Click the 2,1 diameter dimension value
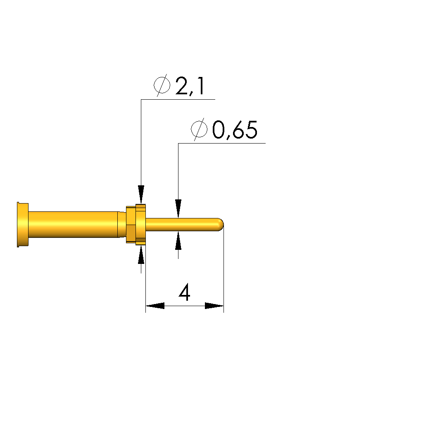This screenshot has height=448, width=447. (x=190, y=86)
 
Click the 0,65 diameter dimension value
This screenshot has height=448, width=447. (x=235, y=130)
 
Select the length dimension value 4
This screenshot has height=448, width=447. (x=185, y=292)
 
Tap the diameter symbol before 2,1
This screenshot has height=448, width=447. (x=162, y=85)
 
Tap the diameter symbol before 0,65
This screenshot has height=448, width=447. (x=199, y=129)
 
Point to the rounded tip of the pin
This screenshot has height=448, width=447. (x=221, y=225)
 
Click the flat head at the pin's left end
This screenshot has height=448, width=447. (x=23, y=225)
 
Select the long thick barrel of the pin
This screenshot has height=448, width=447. (x=73, y=225)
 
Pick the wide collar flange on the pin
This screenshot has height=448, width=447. (x=140, y=225)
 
